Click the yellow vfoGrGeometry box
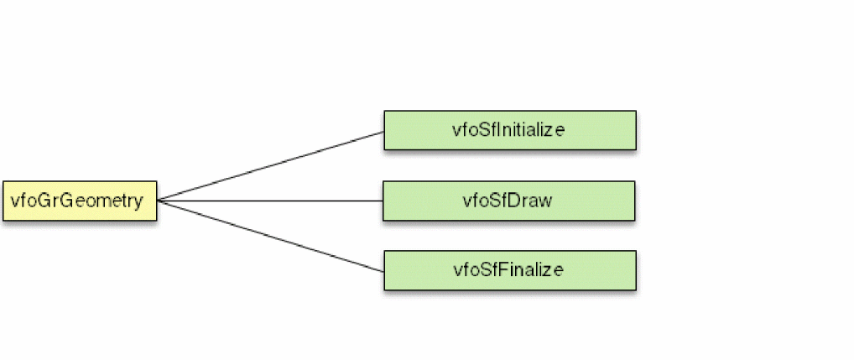[x=79, y=201]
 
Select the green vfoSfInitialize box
[x=509, y=130]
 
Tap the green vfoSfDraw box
[x=508, y=201]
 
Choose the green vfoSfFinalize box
[x=509, y=270]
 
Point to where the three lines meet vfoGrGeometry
[x=158, y=201]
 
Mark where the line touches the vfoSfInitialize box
[x=383, y=131]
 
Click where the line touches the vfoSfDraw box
[x=383, y=201]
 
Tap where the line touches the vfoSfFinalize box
[x=383, y=271]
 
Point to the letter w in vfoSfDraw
[x=545, y=201]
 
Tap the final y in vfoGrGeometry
[x=138, y=202]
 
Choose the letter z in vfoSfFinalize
[x=549, y=271]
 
